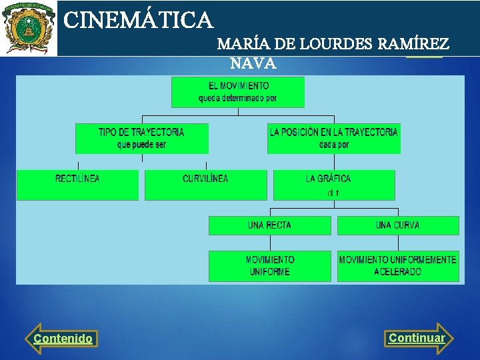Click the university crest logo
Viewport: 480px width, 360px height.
click(28, 28)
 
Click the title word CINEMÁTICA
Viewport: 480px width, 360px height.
click(138, 20)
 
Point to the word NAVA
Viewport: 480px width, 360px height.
click(253, 64)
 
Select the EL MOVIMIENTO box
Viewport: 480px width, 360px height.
click(238, 92)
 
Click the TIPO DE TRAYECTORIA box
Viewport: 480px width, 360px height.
click(141, 138)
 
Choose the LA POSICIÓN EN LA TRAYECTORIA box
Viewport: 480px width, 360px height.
click(333, 138)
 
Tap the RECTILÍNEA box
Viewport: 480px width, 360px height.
click(77, 185)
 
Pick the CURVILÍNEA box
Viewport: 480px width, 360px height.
click(205, 185)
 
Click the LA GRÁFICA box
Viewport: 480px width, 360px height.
click(333, 185)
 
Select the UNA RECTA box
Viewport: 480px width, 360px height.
click(269, 225)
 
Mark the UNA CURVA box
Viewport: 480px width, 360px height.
click(398, 225)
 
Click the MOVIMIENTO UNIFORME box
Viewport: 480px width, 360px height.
click(269, 266)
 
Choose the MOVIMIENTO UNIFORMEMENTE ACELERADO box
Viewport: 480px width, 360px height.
click(398, 266)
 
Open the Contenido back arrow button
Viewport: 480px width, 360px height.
click(62, 339)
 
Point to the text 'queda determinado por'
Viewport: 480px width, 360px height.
click(237, 99)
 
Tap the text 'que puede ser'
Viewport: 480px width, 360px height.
click(141, 145)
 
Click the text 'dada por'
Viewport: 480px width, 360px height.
click(333, 145)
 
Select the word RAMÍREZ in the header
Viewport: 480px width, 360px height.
click(413, 45)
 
